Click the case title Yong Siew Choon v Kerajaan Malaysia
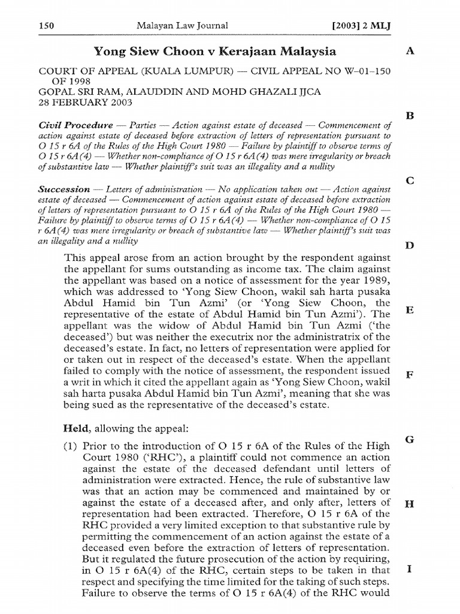(x=214, y=52)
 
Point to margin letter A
(x=410, y=52)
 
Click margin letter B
(x=410, y=116)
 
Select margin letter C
(x=410, y=180)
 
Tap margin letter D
(x=410, y=245)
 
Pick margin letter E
(x=410, y=310)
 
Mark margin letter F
(x=410, y=375)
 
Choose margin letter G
(x=410, y=440)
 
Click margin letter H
(x=410, y=504)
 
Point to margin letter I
(x=410, y=569)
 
